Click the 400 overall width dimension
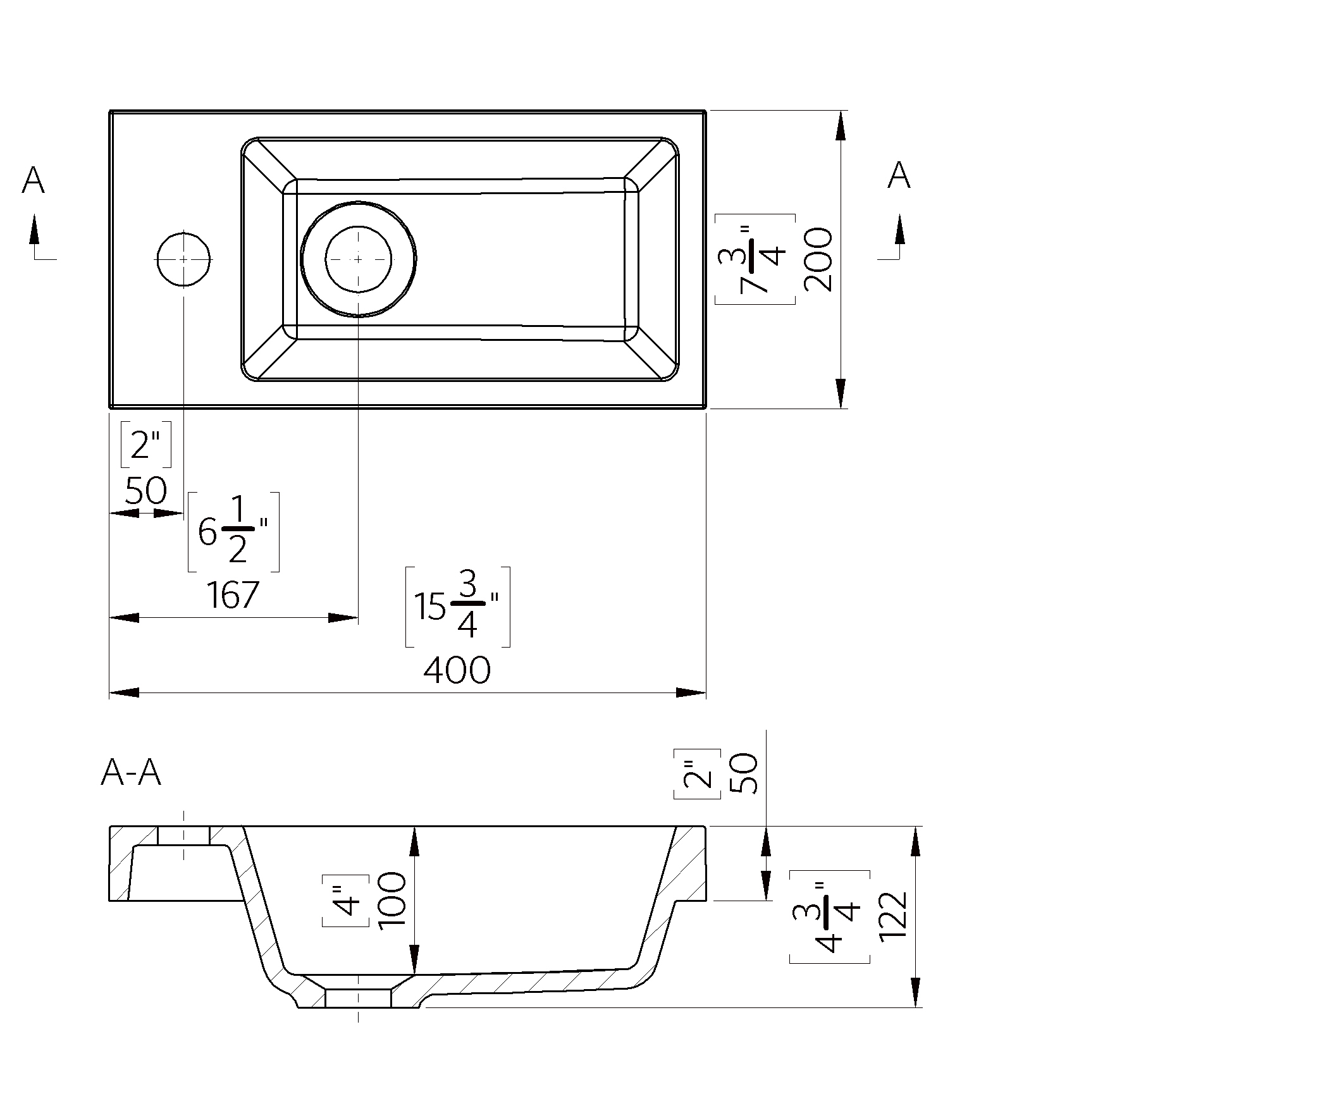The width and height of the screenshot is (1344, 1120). (x=457, y=670)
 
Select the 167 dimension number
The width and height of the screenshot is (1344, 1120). (x=232, y=595)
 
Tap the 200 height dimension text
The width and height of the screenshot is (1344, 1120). (x=818, y=259)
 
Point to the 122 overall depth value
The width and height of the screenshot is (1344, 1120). (x=893, y=916)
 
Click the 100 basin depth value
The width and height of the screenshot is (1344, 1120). (x=392, y=899)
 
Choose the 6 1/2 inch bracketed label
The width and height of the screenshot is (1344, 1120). (x=233, y=532)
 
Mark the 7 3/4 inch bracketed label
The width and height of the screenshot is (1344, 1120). (x=755, y=259)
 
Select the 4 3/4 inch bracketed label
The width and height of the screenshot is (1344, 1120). (x=829, y=916)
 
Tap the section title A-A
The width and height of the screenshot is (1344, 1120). (x=130, y=772)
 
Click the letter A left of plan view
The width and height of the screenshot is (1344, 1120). (x=34, y=180)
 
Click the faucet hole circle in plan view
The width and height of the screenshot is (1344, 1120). (x=183, y=259)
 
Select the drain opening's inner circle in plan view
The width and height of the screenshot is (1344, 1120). (x=358, y=259)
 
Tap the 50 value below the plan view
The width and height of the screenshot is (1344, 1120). (x=145, y=491)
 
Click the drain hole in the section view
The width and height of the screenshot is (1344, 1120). (x=358, y=998)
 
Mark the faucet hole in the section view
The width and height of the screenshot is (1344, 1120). (x=183, y=835)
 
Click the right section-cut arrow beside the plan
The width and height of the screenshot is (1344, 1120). (x=899, y=230)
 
